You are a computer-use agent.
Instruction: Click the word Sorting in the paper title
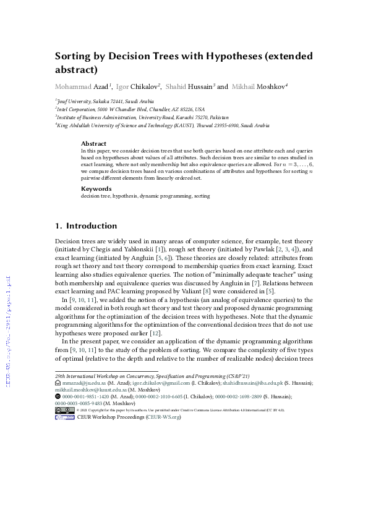tap(77, 57)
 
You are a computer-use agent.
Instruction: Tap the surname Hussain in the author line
tap(197, 86)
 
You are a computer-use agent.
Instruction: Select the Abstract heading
tap(93, 143)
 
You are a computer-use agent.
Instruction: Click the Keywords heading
tap(96, 188)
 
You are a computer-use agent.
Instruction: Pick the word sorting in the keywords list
tap(202, 196)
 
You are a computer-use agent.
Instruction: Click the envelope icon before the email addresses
tap(58, 383)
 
